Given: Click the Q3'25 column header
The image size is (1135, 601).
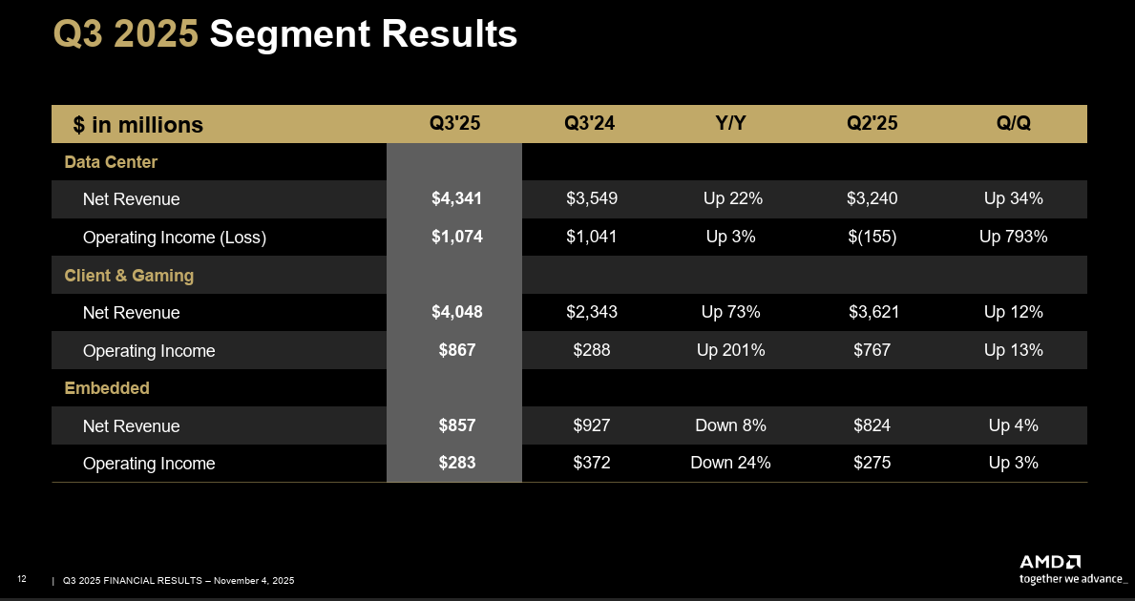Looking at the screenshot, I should point(455,124).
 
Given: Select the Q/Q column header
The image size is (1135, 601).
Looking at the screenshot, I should point(1013,124).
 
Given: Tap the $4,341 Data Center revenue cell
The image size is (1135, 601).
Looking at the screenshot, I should point(456,199).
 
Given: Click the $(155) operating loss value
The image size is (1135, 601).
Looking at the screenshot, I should point(872,238).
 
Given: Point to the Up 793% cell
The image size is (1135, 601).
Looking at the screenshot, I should point(1013,238).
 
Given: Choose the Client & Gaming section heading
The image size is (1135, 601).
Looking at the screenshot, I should point(129,276).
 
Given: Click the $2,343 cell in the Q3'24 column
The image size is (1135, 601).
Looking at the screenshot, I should point(591,313).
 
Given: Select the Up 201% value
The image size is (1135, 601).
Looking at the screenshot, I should point(730,350).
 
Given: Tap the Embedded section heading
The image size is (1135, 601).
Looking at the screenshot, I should point(107,388).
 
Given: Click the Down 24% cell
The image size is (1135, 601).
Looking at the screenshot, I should point(730,464).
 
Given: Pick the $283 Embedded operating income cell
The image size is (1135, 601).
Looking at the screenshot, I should point(456,464).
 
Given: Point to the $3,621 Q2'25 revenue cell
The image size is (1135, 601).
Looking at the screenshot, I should point(873,313).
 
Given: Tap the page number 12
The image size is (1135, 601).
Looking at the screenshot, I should point(22,580).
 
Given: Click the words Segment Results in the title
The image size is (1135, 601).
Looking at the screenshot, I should point(363,35).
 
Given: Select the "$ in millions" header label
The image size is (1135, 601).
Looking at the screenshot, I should point(138,125).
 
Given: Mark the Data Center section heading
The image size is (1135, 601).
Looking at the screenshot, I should point(111,162).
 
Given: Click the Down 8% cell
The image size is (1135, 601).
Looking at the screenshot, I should point(730,426).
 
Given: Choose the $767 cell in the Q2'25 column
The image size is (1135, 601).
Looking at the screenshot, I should point(872,350).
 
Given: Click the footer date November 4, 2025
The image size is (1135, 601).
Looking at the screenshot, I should point(254,581).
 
